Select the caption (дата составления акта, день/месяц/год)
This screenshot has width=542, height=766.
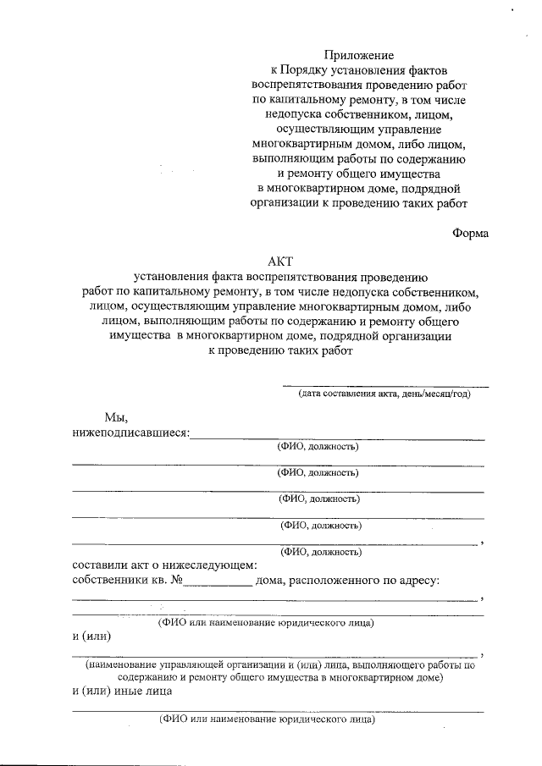point(384,394)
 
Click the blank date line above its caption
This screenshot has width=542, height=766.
point(384,385)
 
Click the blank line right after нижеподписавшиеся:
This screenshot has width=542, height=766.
point(339,438)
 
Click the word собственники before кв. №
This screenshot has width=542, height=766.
point(109,581)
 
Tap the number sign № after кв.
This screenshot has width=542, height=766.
point(176,581)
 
